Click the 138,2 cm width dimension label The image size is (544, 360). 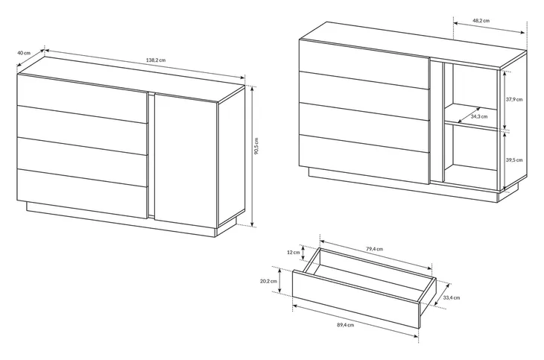click(156, 60)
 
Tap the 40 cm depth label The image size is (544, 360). click(24, 53)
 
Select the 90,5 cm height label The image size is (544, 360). click(256, 146)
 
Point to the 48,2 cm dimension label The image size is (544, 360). click(481, 20)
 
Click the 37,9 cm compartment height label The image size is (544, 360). click(513, 99)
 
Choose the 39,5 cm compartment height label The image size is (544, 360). click(513, 160)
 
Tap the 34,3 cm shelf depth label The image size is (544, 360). click(479, 116)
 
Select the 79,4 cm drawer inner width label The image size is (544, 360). click(374, 248)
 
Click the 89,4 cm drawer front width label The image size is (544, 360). click(345, 325)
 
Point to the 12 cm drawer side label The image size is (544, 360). click(293, 252)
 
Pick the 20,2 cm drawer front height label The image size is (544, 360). click(268, 281)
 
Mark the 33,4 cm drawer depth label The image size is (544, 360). click(452, 297)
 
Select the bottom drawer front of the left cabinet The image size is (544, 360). click(83, 194)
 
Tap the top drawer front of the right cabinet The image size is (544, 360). click(364, 64)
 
